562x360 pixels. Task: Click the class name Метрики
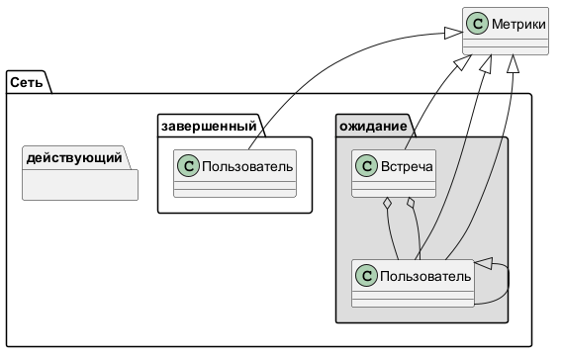tap(518, 24)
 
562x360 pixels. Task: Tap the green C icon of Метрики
tap(478, 24)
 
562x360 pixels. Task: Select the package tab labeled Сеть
tap(26, 82)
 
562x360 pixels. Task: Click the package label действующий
tap(74, 158)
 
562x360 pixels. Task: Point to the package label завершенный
tap(209, 126)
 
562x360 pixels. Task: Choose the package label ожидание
tap(373, 126)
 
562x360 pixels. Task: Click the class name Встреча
tap(407, 166)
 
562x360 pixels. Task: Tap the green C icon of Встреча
tap(367, 166)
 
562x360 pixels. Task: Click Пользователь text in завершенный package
tap(247, 166)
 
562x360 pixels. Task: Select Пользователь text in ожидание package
tap(425, 276)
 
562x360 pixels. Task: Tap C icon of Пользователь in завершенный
tap(188, 166)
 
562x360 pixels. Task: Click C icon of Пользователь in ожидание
tap(367, 276)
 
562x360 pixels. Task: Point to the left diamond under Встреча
tap(387, 204)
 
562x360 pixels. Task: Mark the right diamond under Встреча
tap(411, 204)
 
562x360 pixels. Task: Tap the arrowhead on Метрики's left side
tap(453, 33)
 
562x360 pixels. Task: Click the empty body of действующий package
tap(80, 185)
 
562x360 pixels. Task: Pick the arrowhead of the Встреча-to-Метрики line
tap(463, 62)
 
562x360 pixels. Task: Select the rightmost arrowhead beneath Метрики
tap(513, 63)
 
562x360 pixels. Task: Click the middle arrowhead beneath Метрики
tap(486, 63)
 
